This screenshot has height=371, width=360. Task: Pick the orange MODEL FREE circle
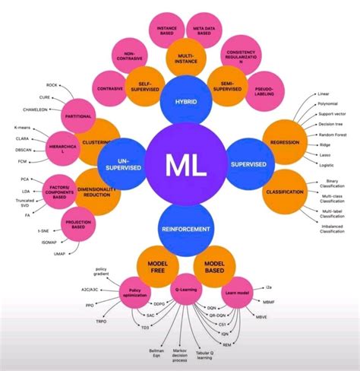click(157, 266)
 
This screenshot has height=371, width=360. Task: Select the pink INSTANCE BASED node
click(167, 31)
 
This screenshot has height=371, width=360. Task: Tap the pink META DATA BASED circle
click(204, 31)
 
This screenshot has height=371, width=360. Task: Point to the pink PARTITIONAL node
click(79, 116)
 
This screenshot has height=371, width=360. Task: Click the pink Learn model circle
click(238, 290)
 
